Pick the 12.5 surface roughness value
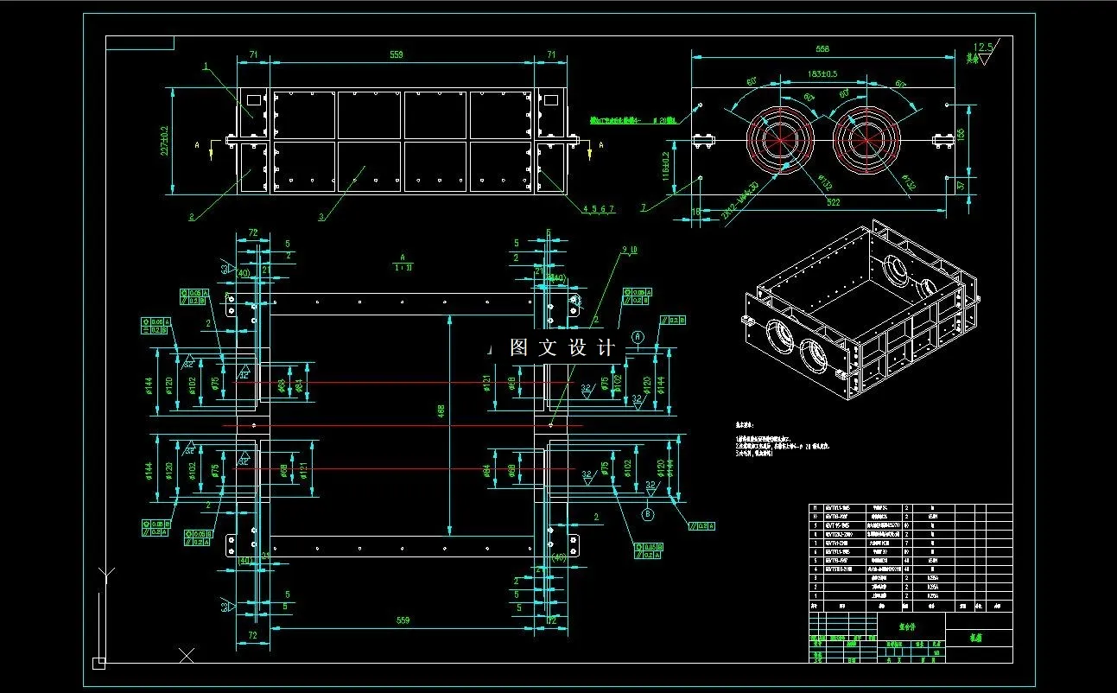click(x=982, y=47)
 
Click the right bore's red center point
click(x=866, y=139)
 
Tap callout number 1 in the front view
click(x=206, y=66)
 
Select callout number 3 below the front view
click(x=321, y=217)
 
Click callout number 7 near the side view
click(x=643, y=207)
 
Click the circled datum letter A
click(x=637, y=334)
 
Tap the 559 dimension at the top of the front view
click(x=397, y=54)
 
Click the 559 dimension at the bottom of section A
click(x=402, y=620)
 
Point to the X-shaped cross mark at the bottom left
click(x=187, y=655)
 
